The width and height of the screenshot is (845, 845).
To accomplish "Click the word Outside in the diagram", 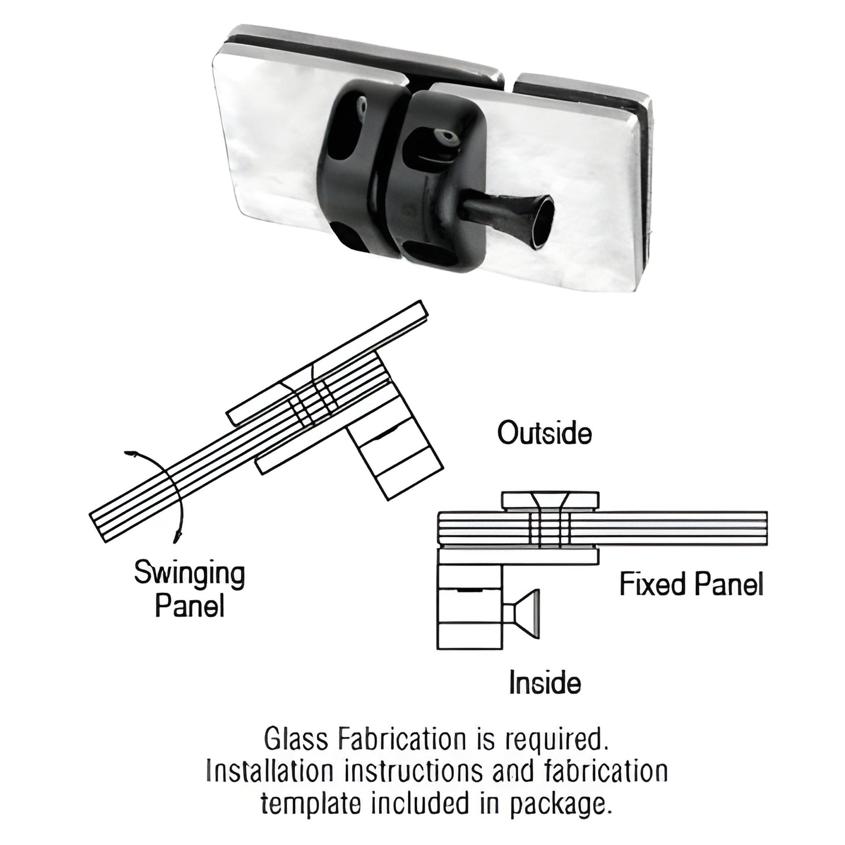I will [544, 434].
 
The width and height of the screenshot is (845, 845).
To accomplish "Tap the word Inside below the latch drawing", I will [544, 682].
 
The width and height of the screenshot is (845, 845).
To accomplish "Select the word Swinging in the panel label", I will [189, 574].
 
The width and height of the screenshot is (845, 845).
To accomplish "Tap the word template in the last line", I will [307, 804].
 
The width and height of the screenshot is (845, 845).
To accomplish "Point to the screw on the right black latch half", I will [450, 138].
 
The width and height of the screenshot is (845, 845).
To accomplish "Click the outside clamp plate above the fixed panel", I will [550, 501].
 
